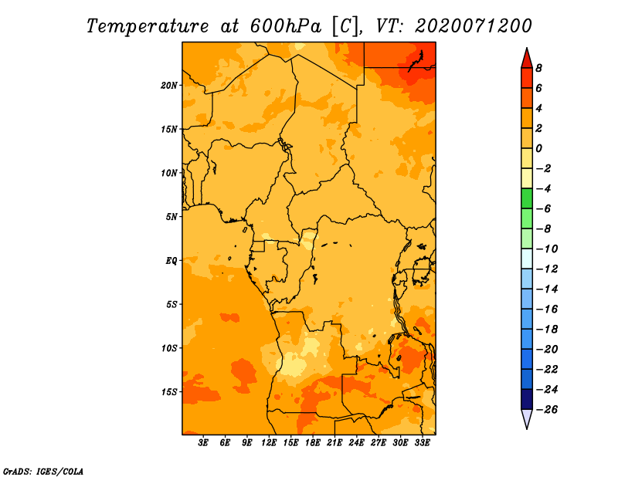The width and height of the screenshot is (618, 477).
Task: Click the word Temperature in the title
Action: [x=148, y=26]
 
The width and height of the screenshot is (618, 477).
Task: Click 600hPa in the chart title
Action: [x=285, y=26]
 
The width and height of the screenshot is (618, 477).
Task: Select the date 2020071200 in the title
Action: [x=474, y=25]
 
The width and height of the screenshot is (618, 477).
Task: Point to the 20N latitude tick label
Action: [x=169, y=86]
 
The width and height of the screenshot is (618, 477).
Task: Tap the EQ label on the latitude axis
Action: [x=171, y=261]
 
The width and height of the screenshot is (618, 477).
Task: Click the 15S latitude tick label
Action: [x=169, y=392]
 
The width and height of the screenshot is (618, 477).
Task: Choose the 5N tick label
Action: [x=171, y=217]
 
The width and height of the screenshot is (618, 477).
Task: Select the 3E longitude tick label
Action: [x=203, y=443]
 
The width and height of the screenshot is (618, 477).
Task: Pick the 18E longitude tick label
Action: [x=312, y=443]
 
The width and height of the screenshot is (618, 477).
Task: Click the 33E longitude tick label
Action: [x=422, y=443]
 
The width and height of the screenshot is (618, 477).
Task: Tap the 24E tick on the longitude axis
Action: [x=356, y=443]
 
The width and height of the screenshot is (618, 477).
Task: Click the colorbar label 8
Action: [x=538, y=68]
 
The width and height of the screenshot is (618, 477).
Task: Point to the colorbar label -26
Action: [x=547, y=410]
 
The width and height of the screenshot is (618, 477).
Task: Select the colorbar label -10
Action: [x=547, y=249]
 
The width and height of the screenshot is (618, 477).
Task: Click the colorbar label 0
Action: [x=538, y=148]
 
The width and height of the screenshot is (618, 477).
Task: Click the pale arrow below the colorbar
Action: [x=527, y=418]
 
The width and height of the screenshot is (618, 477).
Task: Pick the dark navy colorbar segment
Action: [x=527, y=399]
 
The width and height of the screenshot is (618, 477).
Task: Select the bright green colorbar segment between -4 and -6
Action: [x=527, y=198]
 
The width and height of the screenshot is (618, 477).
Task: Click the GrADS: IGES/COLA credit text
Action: [x=43, y=472]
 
